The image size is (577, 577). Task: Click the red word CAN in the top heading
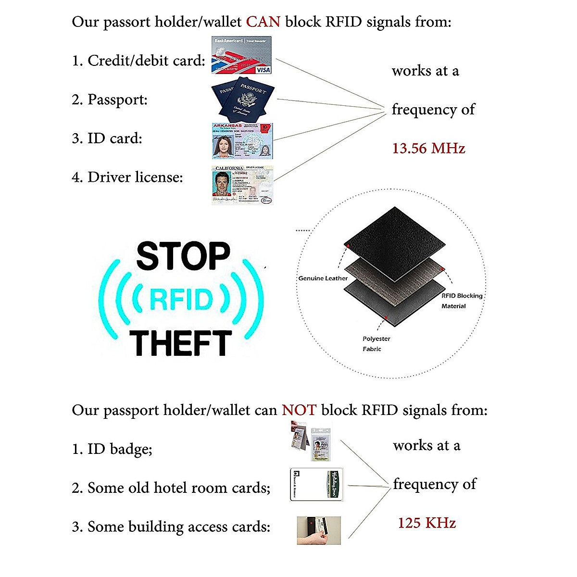(x=263, y=22)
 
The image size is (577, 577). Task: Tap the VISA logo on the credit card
(x=263, y=70)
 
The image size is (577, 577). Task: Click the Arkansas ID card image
(x=242, y=141)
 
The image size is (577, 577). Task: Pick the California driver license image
(x=242, y=185)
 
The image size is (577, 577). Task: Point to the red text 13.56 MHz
(x=428, y=148)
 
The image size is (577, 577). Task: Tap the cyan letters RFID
(x=181, y=299)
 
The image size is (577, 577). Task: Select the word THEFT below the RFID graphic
(x=180, y=343)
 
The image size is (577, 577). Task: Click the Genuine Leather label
(x=323, y=278)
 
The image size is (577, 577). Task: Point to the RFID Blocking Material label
(x=461, y=301)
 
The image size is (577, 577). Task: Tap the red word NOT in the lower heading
(x=299, y=410)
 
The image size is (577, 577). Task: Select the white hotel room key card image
(x=316, y=484)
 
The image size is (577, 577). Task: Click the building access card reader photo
(x=318, y=530)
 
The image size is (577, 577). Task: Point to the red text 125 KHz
(x=426, y=523)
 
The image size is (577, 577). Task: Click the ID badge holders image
(x=312, y=441)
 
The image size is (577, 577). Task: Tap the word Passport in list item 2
(x=117, y=100)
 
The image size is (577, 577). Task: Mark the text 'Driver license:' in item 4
(x=135, y=177)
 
